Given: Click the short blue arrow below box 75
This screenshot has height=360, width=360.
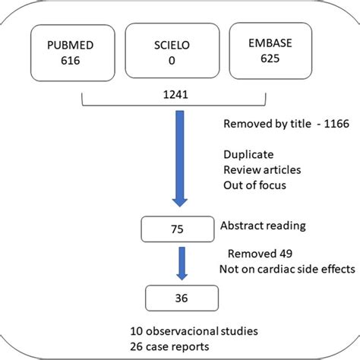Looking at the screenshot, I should pyautogui.click(x=181, y=266).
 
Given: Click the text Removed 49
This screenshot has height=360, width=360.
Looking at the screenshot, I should pyautogui.click(x=261, y=254).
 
